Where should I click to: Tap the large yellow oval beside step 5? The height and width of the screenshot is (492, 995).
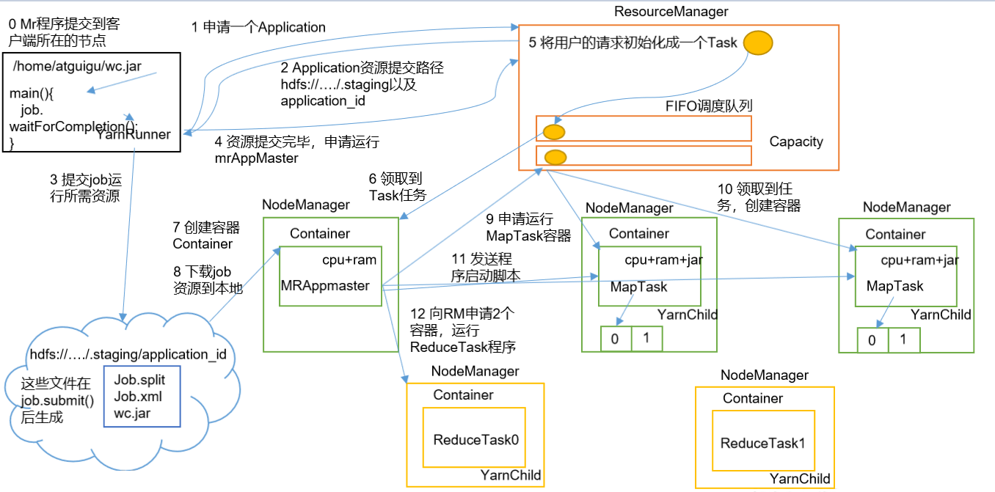click(758, 42)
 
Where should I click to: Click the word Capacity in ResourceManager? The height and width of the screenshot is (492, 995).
click(796, 142)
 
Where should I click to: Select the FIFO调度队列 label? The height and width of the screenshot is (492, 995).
click(709, 106)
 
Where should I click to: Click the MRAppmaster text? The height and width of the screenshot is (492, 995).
click(324, 285)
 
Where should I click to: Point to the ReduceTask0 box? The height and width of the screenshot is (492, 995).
click(475, 440)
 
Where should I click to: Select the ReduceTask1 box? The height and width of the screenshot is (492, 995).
click(763, 443)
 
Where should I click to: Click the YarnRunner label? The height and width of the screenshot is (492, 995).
click(133, 133)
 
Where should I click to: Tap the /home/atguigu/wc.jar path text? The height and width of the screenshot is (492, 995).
click(77, 67)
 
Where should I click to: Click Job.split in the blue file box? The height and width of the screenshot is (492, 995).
click(139, 381)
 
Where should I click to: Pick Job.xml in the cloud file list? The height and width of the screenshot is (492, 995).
click(138, 397)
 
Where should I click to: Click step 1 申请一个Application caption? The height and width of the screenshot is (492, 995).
click(258, 27)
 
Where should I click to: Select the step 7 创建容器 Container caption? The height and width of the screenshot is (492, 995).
click(206, 235)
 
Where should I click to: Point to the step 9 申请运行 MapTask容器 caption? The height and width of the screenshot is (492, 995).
click(520, 227)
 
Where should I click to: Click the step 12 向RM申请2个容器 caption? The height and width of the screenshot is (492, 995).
click(462, 329)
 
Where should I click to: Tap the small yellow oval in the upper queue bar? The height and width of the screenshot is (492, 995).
click(553, 132)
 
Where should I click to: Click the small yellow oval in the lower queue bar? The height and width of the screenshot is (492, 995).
click(555, 156)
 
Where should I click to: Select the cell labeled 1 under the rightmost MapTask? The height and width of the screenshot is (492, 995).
click(903, 340)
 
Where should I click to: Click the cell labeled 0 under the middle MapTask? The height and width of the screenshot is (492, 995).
click(615, 339)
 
